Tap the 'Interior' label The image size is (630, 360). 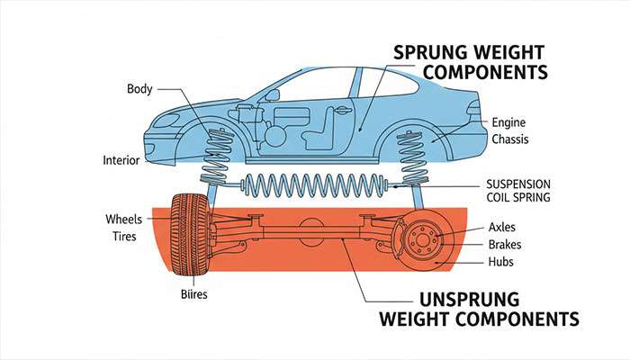pyautogui.click(x=121, y=160)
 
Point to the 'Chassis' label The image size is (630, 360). pyautogui.click(x=512, y=139)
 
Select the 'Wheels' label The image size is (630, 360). pyautogui.click(x=124, y=219)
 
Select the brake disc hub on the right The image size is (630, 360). pyautogui.click(x=422, y=241)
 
